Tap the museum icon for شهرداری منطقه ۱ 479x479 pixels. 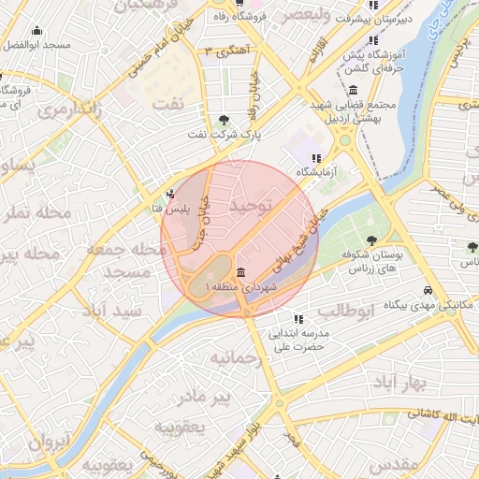click(242, 272)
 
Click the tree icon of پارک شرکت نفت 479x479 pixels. click(225, 120)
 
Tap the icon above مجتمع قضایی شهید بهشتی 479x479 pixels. click(353, 91)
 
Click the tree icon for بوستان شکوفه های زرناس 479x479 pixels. click(372, 240)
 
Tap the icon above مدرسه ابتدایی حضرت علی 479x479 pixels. click(298, 318)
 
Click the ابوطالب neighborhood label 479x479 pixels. click(345, 309)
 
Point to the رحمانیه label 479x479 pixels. click(232, 357)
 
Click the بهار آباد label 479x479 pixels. click(399, 384)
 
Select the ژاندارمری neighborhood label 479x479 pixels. click(69, 109)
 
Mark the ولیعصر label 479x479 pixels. click(306, 15)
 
